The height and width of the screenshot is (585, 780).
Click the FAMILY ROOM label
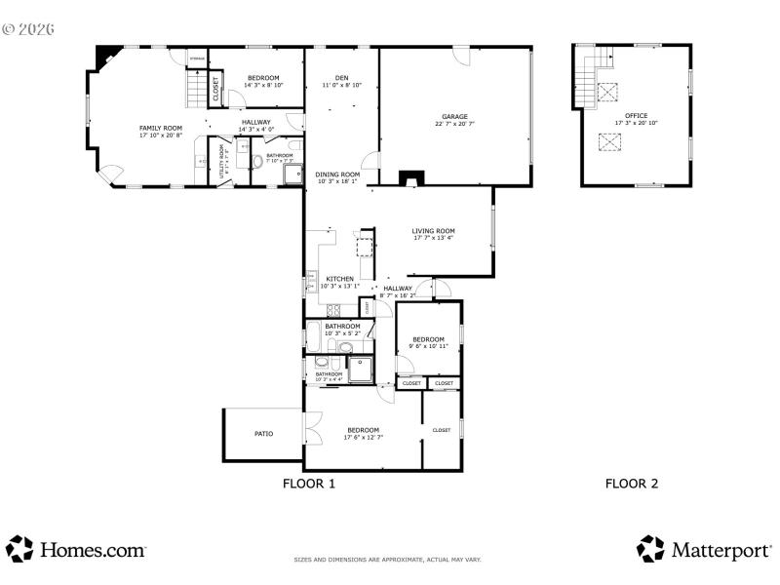coord(161,128)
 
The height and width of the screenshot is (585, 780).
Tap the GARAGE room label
coord(454,116)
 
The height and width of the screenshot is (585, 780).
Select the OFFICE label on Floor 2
coord(637,116)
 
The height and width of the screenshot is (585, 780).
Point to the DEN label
coord(341,78)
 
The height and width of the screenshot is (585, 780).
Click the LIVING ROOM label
coord(434,231)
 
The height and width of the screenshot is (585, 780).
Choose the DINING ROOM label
coord(336,175)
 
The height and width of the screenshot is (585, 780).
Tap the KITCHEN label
coord(339,279)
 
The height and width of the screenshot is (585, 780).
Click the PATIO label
coord(263,434)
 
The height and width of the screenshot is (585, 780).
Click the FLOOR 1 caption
coord(309,483)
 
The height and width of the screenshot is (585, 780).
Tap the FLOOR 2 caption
coord(632,483)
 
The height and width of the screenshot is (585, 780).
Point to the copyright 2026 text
coord(28,29)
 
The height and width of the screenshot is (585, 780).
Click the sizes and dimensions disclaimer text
coord(388,560)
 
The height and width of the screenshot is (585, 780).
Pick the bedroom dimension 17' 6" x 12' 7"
coord(363,438)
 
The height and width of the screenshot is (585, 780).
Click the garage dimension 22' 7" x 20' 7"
coord(454,124)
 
